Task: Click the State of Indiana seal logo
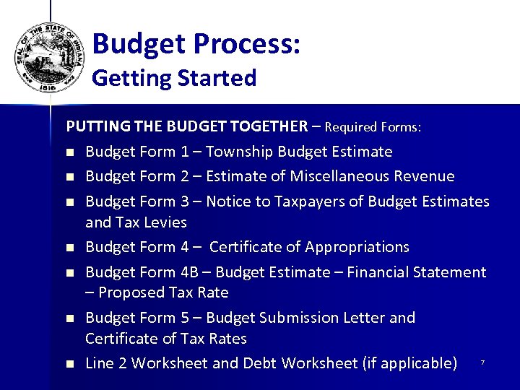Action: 50,56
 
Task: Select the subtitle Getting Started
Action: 174,78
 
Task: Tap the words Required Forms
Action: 373,127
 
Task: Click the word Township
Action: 240,152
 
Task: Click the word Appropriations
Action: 357,247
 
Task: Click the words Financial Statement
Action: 417,272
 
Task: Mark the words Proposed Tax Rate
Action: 163,292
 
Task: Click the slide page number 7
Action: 482,363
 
